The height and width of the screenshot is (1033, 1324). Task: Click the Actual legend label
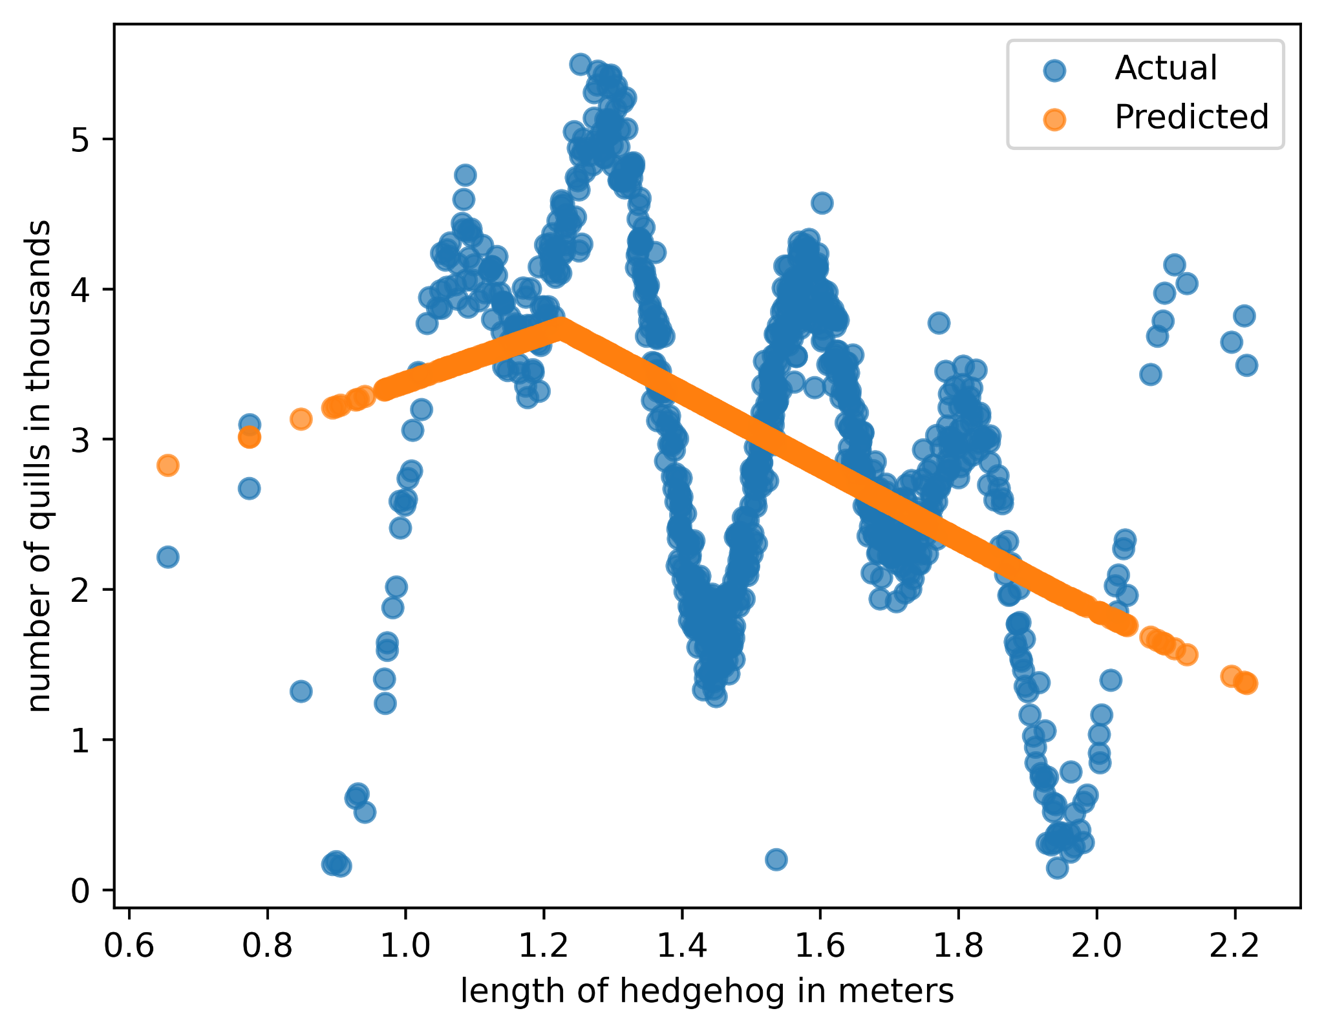(x=1166, y=68)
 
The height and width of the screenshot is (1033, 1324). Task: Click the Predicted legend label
(x=1191, y=117)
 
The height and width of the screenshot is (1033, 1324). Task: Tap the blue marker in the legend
(x=1054, y=69)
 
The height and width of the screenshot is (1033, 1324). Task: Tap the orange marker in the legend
(x=1054, y=118)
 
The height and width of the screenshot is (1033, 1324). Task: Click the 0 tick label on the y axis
(x=79, y=890)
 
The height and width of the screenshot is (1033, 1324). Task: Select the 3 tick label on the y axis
(x=79, y=440)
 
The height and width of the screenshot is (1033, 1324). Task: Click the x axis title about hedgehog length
(x=707, y=990)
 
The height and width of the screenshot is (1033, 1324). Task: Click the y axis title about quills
(x=40, y=465)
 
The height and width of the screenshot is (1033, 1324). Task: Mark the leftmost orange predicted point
(x=168, y=465)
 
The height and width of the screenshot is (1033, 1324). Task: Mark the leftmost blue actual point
(x=168, y=557)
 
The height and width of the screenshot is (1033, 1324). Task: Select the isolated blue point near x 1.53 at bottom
(x=776, y=859)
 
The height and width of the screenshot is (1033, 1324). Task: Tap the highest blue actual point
(x=580, y=64)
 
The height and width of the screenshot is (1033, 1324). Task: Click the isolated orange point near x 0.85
(x=301, y=419)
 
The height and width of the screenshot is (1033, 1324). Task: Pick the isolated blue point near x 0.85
(x=301, y=691)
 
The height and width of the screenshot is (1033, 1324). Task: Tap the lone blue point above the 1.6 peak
(x=822, y=203)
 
